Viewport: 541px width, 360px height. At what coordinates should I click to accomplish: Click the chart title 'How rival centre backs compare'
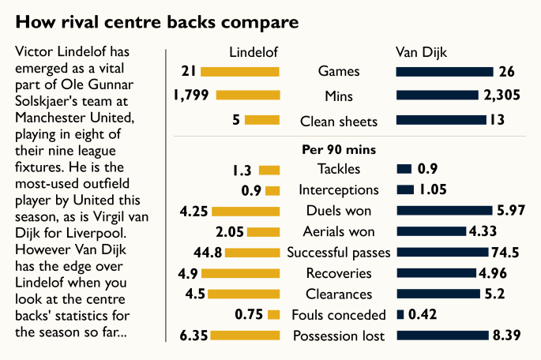[158, 19]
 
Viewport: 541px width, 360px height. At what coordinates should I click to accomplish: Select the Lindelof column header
[254, 53]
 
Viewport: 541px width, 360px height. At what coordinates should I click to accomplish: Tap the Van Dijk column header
[421, 53]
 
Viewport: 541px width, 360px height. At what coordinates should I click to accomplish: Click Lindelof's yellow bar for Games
[240, 72]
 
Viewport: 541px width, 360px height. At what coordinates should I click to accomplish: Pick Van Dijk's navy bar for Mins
[437, 96]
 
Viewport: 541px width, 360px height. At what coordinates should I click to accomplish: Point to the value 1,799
[191, 96]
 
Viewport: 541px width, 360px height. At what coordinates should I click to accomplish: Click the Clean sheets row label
[339, 122]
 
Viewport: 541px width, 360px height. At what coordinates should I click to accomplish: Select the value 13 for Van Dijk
[499, 122]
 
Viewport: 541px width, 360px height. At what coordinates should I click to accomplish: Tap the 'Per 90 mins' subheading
[339, 148]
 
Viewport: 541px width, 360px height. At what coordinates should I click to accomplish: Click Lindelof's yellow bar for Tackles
[269, 170]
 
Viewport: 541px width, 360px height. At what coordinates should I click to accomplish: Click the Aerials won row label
[339, 232]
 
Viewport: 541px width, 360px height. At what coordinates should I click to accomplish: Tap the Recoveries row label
[339, 273]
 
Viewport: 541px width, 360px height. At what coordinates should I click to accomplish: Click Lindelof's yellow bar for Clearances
[245, 294]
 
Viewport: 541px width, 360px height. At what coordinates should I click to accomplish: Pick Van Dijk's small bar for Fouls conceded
[400, 315]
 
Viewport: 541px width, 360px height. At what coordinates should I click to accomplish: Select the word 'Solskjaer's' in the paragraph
[45, 102]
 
